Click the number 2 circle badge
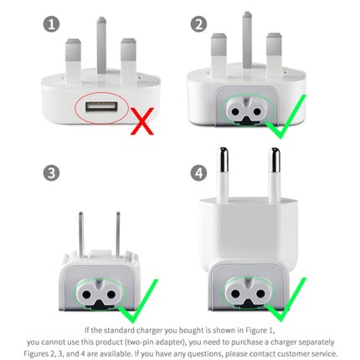(x=198, y=22)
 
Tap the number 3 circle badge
(x=52, y=173)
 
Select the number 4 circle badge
(x=198, y=173)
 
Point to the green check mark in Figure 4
(x=284, y=303)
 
